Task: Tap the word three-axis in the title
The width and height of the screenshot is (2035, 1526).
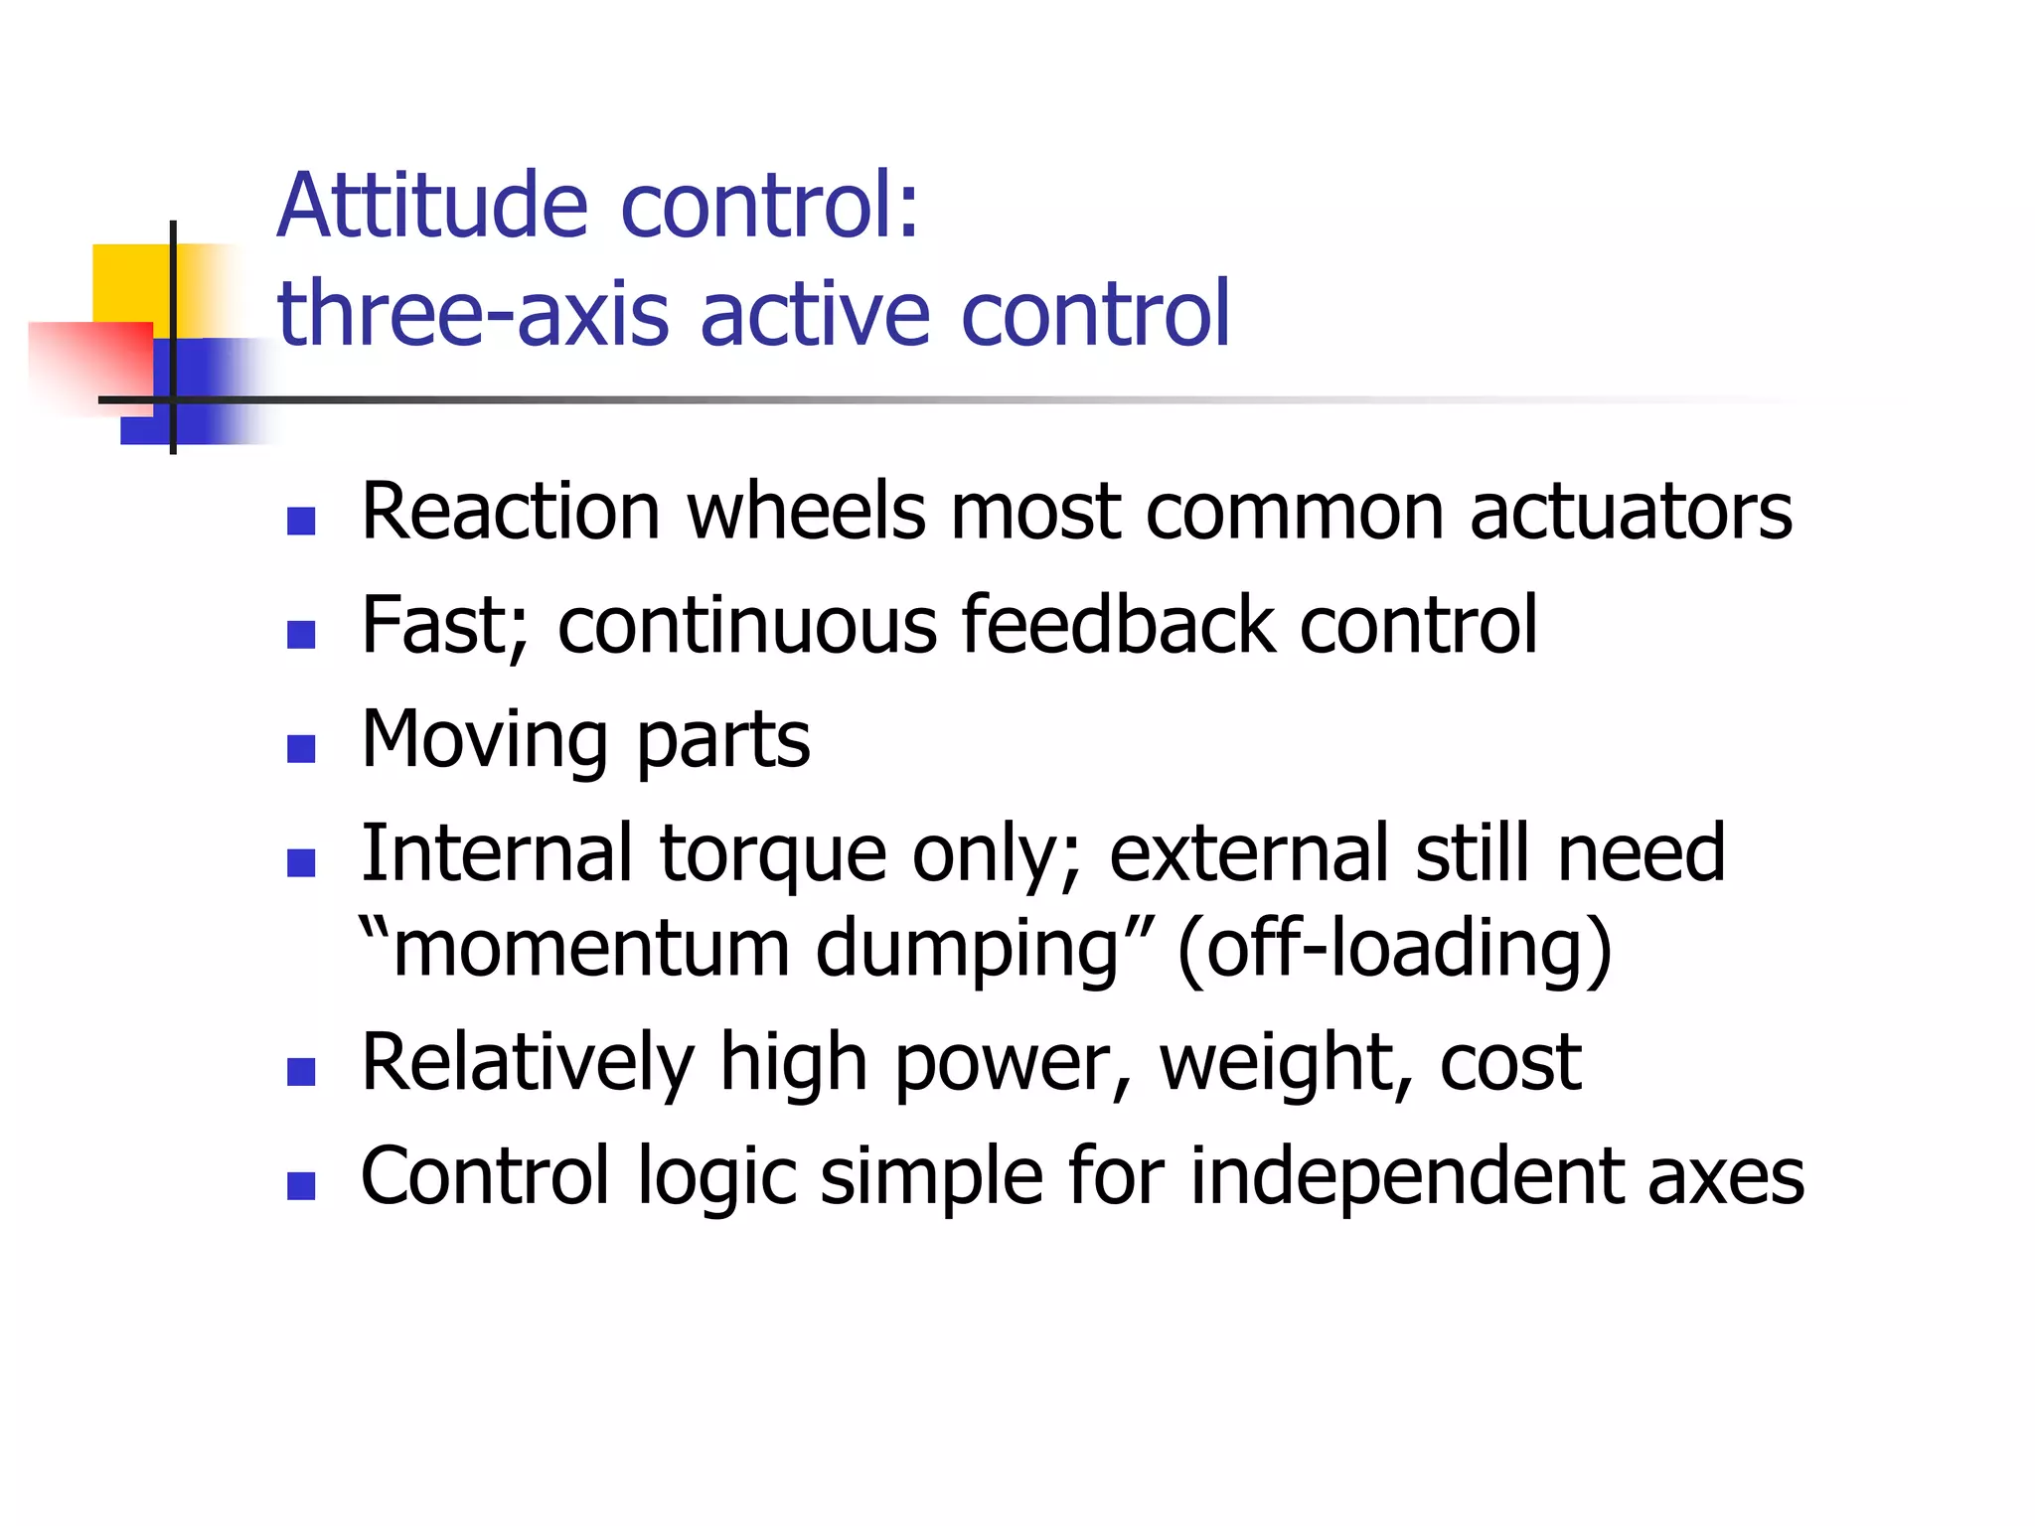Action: (x=473, y=314)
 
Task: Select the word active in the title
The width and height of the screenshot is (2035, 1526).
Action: (x=816, y=314)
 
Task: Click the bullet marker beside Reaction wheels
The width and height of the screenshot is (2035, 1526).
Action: (x=301, y=521)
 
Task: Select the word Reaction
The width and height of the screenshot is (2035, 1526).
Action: (x=510, y=513)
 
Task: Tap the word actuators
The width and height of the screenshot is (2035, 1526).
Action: (x=1631, y=513)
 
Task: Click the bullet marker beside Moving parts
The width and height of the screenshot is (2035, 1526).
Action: (x=301, y=748)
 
